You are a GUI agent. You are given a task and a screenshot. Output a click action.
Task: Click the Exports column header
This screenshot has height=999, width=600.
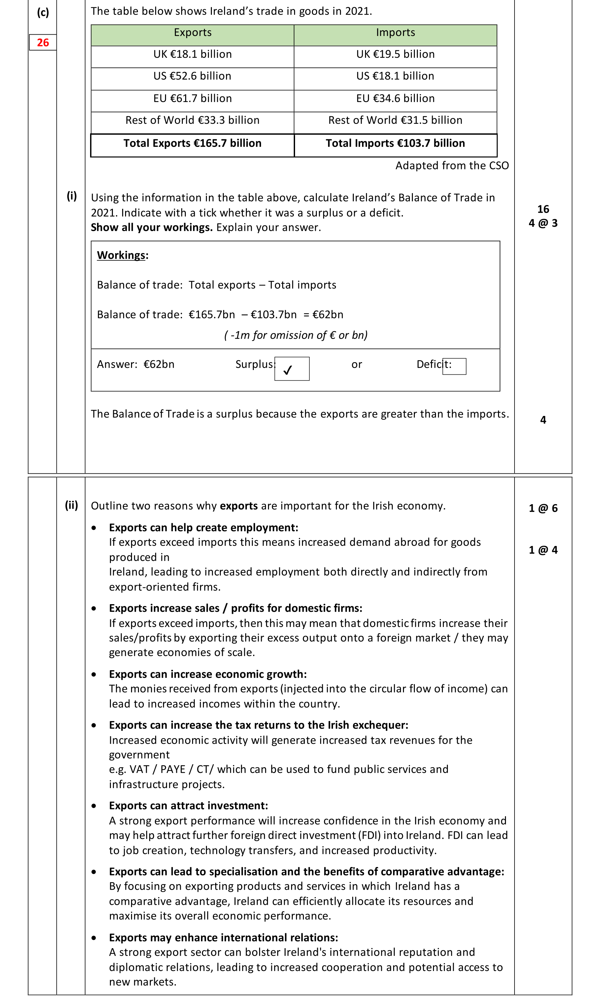[x=192, y=33]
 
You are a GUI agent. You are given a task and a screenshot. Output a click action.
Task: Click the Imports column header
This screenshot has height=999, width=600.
[x=395, y=33]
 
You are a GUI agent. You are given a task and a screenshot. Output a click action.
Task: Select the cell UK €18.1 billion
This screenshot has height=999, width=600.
[x=192, y=54]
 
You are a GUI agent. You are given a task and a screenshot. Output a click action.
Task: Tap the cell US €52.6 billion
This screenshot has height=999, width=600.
[x=192, y=76]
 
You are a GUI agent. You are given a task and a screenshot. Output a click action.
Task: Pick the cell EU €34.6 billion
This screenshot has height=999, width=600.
[x=395, y=98]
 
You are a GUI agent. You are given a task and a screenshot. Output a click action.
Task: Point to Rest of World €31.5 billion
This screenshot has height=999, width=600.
[x=395, y=120]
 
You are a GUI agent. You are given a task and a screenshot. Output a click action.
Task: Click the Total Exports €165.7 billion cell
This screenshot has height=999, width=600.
[x=192, y=143]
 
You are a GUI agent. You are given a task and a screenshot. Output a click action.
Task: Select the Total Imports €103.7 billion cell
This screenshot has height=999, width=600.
[x=395, y=143]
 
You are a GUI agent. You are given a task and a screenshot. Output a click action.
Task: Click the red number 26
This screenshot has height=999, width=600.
[x=43, y=43]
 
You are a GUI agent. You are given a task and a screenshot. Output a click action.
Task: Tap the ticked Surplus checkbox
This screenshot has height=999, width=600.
[x=292, y=368]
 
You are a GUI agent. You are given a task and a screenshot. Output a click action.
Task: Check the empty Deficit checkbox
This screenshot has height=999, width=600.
[x=454, y=366]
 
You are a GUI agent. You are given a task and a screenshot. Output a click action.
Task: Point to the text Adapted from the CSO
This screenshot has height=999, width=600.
[x=451, y=165]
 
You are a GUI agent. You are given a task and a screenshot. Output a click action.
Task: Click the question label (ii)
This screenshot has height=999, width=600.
[x=72, y=505]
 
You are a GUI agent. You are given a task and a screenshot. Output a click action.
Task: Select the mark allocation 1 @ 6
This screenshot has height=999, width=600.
[x=543, y=508]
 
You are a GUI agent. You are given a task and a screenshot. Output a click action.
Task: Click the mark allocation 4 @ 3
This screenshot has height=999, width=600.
[x=543, y=223]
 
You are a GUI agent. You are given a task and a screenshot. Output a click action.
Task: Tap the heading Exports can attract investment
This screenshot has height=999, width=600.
[x=188, y=805]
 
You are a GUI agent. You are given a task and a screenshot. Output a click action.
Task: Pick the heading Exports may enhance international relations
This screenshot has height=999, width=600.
[x=223, y=937]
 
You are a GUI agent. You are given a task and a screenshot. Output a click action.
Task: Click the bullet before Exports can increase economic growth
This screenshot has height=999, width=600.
[x=94, y=674]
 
